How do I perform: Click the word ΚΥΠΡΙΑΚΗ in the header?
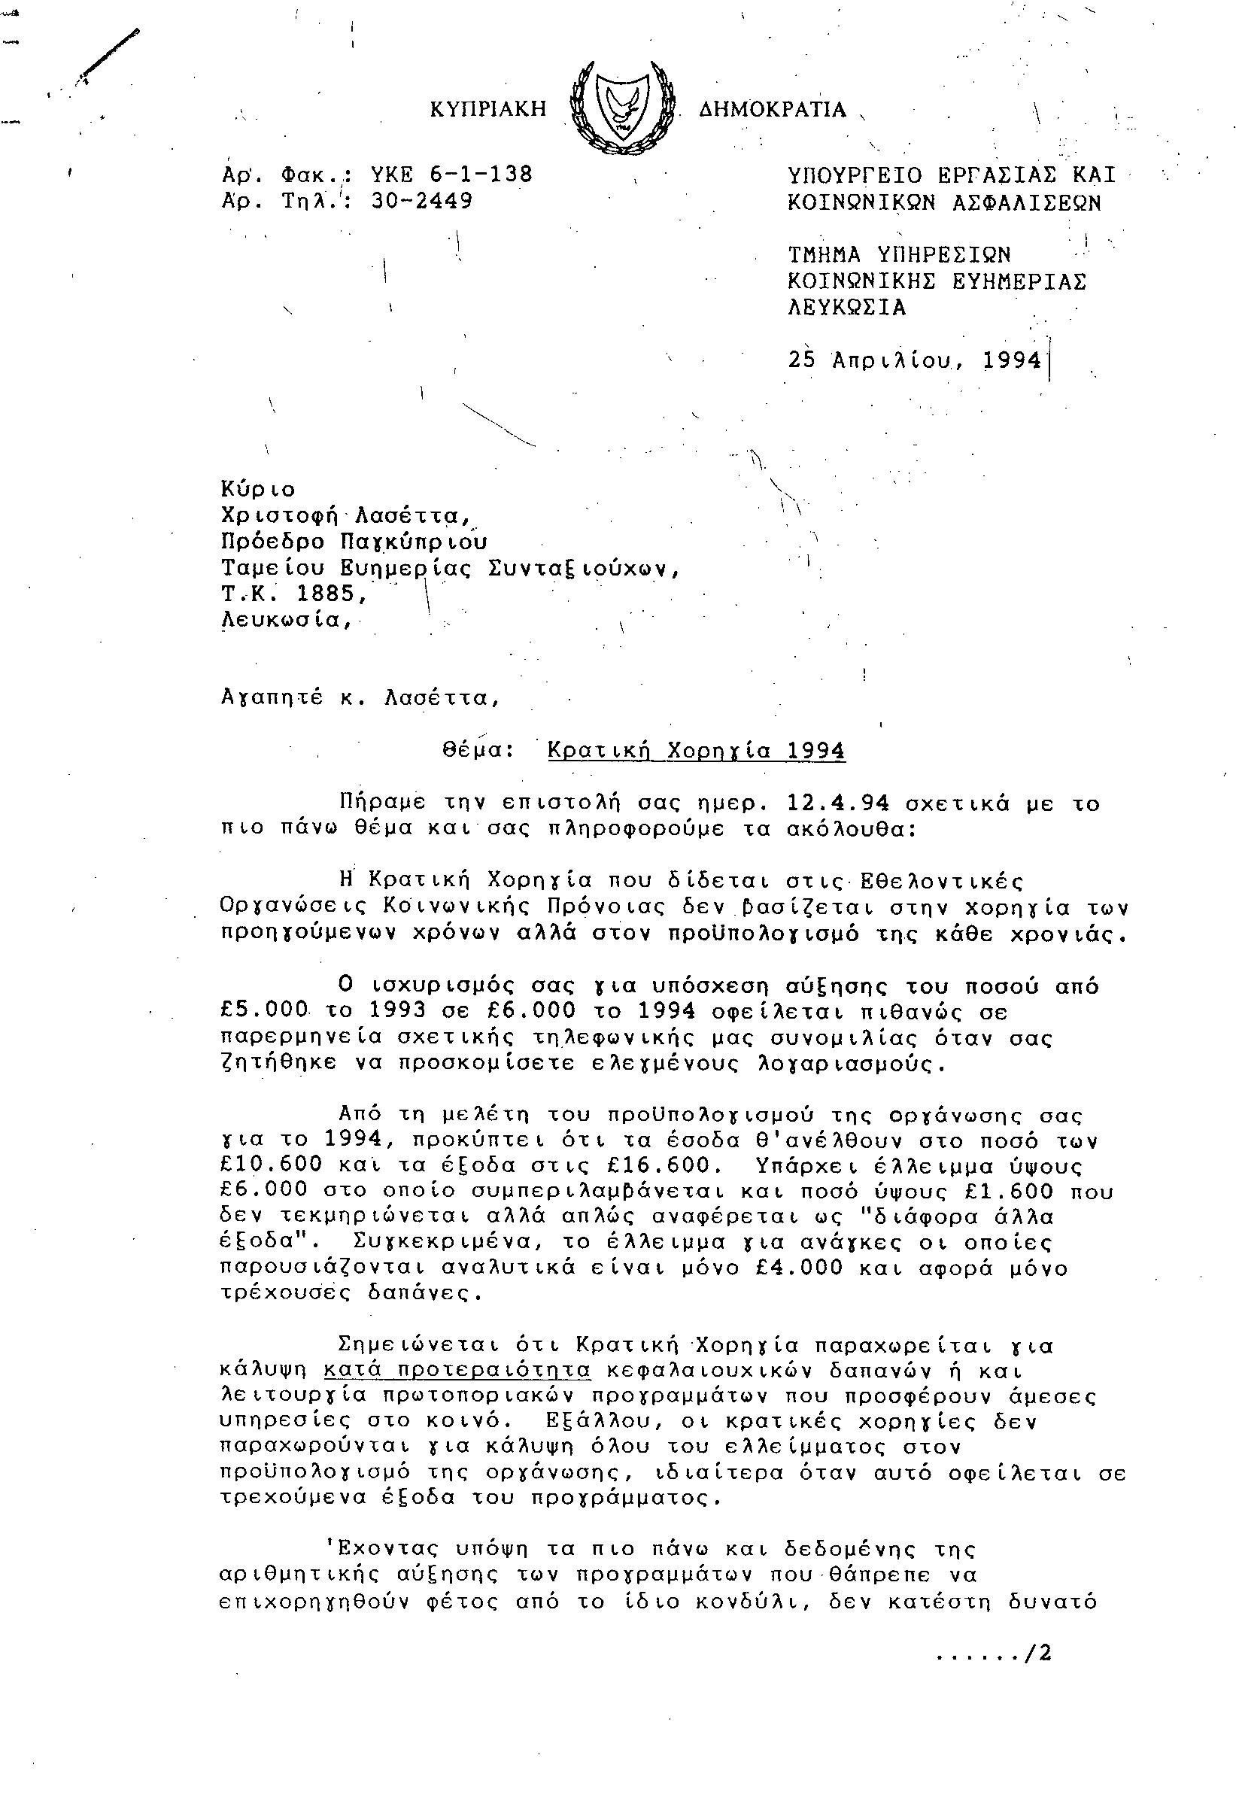coord(488,109)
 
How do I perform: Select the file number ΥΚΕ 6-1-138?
coord(453,175)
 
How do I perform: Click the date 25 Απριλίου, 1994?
coord(914,360)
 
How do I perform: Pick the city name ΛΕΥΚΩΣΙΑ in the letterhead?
coord(847,308)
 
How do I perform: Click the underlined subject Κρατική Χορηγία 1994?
coord(697,750)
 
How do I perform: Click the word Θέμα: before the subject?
coord(478,750)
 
